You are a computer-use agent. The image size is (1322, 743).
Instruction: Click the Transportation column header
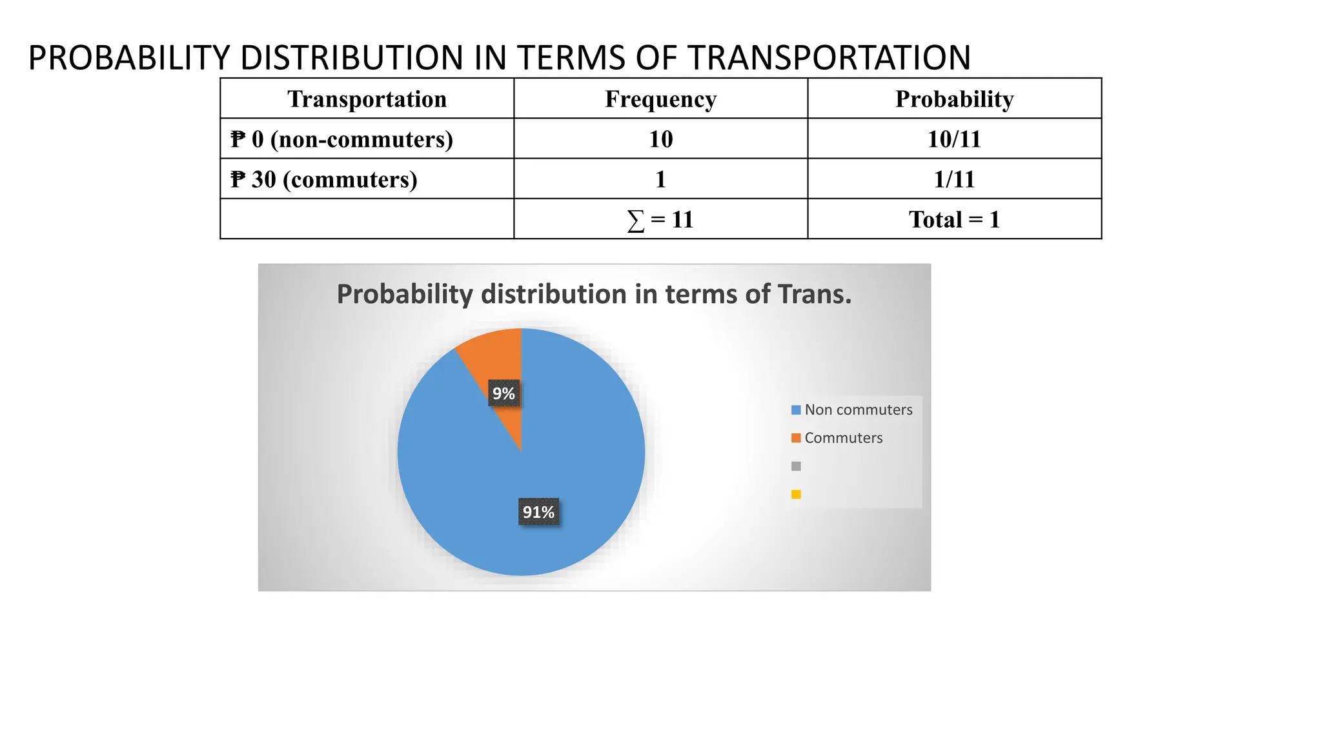[x=367, y=99]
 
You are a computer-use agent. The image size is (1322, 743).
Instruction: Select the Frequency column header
[x=660, y=99]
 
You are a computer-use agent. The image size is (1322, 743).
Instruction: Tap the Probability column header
[x=954, y=99]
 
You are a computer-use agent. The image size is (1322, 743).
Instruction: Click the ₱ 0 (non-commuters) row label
[x=342, y=139]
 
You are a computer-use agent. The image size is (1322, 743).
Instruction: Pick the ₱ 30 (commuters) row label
[x=324, y=179]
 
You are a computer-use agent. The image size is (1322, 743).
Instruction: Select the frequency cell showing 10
[x=660, y=139]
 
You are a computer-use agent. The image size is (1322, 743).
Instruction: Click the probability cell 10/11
[x=954, y=139]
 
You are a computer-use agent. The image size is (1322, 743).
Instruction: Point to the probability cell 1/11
[x=954, y=179]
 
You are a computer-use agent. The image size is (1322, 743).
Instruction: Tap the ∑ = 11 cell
[x=660, y=220]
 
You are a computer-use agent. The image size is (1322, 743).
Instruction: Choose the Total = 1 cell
[x=954, y=220]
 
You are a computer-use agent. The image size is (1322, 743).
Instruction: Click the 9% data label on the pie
[x=503, y=393]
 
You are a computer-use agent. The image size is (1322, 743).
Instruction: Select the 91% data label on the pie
[x=538, y=512]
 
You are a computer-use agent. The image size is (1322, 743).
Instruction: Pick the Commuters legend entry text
[x=843, y=438]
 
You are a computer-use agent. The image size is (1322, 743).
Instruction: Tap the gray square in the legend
[x=796, y=466]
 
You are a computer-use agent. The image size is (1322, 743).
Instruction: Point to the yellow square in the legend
[x=796, y=495]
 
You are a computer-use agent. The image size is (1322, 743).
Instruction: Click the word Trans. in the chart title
[x=815, y=294]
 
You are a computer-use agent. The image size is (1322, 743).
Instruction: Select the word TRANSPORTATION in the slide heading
[x=829, y=57]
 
